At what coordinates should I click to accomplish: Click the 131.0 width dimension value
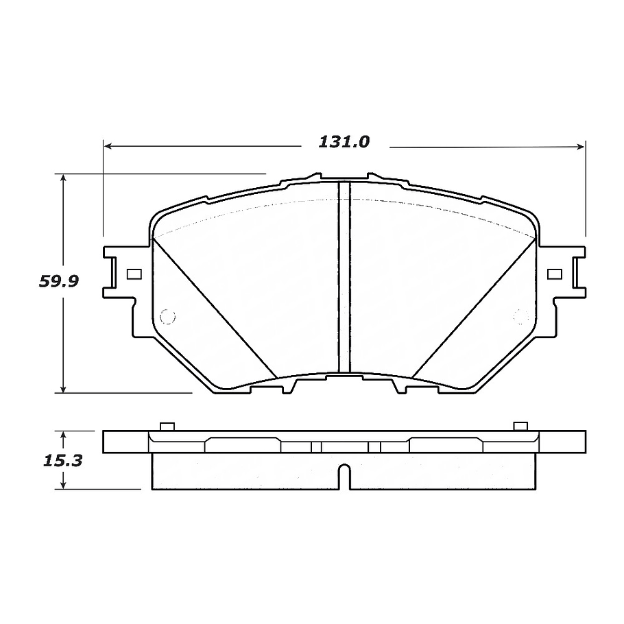pos(344,142)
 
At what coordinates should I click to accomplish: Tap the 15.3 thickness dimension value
pos(62,461)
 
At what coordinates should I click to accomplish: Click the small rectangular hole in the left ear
pos(134,274)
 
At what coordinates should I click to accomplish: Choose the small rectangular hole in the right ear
pos(555,274)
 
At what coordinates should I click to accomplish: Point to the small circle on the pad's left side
pos(167,316)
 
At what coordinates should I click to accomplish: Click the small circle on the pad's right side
pos(521,316)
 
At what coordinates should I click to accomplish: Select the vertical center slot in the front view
pos(345,274)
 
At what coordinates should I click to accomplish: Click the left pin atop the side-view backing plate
pos(165,427)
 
